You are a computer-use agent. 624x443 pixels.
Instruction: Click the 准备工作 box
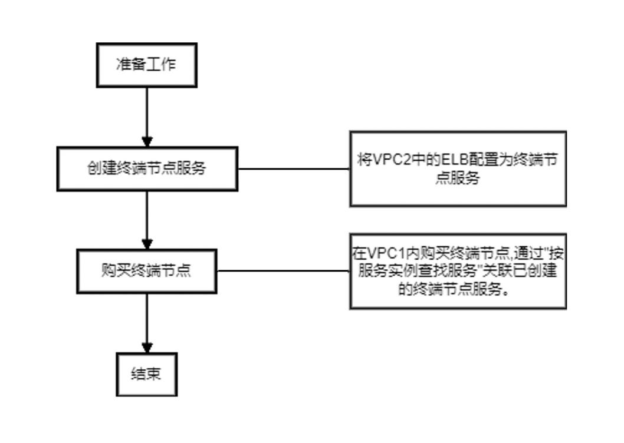coord(146,65)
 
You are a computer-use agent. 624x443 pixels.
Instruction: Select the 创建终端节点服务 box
coord(147,168)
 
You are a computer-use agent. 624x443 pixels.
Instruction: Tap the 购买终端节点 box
coord(147,271)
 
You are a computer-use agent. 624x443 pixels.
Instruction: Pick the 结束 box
coord(146,374)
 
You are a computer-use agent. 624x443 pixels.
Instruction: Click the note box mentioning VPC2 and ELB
coord(458,168)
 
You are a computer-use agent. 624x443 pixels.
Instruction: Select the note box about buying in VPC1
coord(458,271)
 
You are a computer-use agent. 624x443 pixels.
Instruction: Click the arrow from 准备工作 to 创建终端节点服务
coord(147,115)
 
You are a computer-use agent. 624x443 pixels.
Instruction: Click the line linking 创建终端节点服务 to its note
coord(294,168)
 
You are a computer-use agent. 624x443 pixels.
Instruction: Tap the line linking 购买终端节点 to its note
coord(283,271)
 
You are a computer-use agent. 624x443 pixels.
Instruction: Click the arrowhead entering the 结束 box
coord(147,348)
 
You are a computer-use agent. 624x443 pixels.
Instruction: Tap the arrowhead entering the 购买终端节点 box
coord(147,244)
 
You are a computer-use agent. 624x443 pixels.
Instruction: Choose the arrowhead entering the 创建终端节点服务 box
coord(147,141)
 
